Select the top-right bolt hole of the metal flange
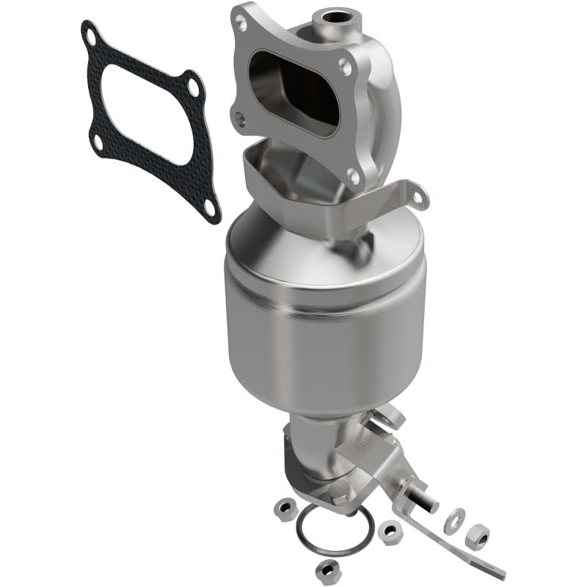[x=344, y=67]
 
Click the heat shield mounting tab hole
[x=418, y=197]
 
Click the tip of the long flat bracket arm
[x=501, y=572]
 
